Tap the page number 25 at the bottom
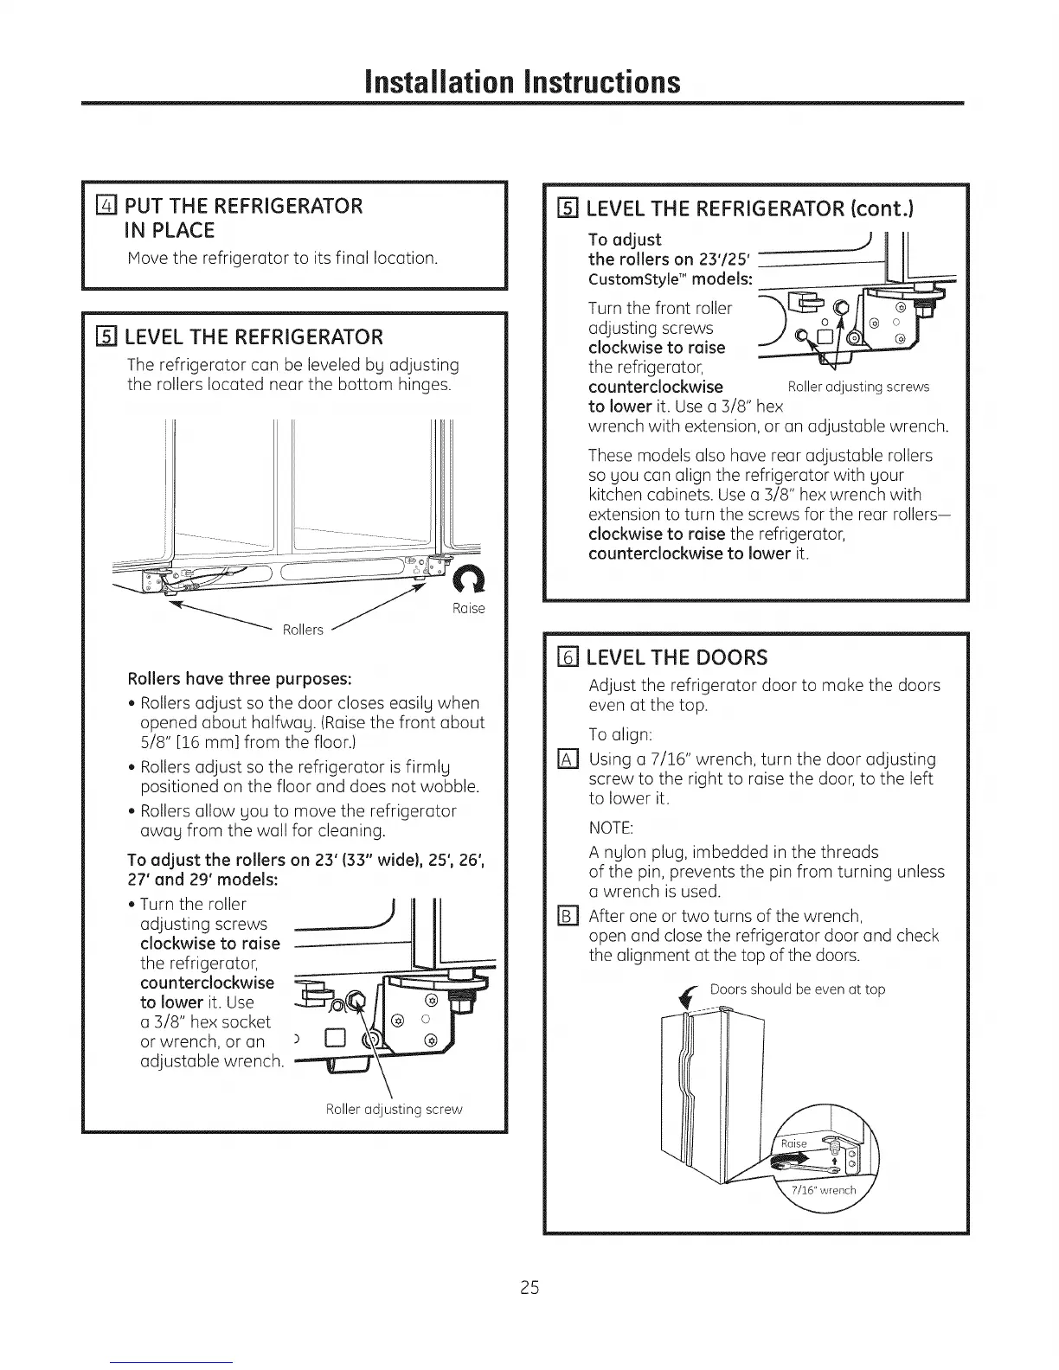click(529, 1287)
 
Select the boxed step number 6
click(568, 657)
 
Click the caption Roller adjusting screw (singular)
click(394, 1109)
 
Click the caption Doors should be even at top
click(797, 989)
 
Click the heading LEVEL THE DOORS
click(677, 658)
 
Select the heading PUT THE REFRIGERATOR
click(244, 206)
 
